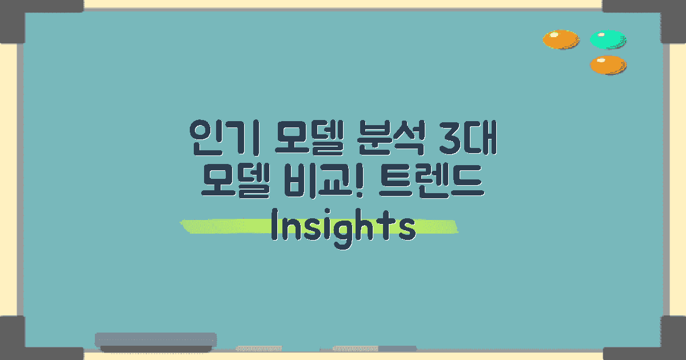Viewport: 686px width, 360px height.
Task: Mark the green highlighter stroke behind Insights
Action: click(206, 226)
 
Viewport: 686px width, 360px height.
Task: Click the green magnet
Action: click(608, 39)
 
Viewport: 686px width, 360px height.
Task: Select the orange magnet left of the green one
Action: click(560, 39)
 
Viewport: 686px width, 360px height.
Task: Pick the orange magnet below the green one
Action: click(608, 65)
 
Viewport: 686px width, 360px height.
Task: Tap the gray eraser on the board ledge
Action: click(155, 342)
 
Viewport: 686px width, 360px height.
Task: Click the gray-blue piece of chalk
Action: click(397, 348)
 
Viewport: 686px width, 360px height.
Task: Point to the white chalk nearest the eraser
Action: click(258, 348)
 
